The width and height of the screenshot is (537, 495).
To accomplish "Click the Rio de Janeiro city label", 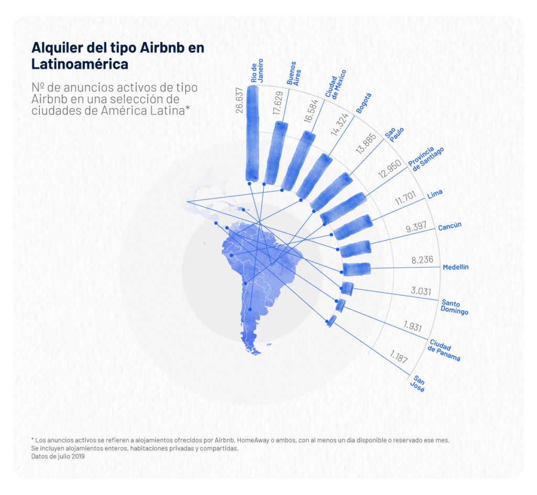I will pyautogui.click(x=256, y=72).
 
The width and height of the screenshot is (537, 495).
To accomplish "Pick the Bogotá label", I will pyautogui.click(x=363, y=103).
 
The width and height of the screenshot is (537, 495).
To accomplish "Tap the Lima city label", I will pyautogui.click(x=435, y=194).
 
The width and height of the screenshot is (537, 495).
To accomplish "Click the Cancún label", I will pyautogui.click(x=450, y=226).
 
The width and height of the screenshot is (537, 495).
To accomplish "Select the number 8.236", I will pyautogui.click(x=420, y=259).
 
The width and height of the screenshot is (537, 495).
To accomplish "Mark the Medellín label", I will pyautogui.click(x=455, y=267).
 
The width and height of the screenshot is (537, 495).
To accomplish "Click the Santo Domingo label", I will pyautogui.click(x=454, y=307).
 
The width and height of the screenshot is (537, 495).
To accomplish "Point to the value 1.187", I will pyautogui.click(x=399, y=359).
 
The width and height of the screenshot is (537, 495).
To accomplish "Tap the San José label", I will pyautogui.click(x=418, y=384).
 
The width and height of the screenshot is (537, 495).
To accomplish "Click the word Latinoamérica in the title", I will pyautogui.click(x=80, y=64).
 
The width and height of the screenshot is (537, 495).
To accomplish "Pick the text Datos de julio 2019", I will pyautogui.click(x=58, y=456).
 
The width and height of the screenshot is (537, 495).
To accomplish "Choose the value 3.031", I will pyautogui.click(x=421, y=291).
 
